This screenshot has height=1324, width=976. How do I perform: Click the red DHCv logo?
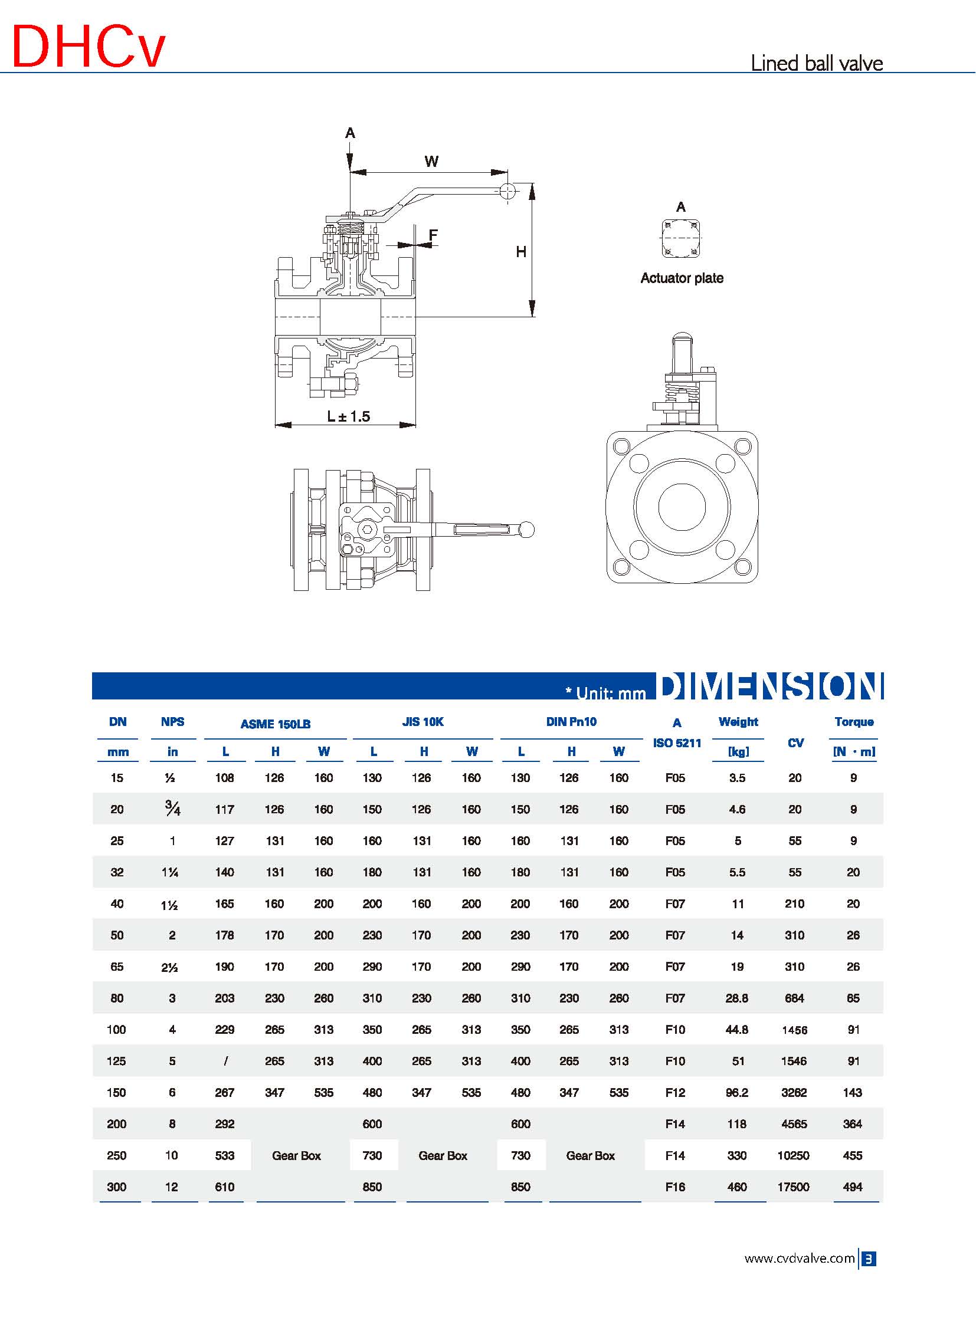point(89,47)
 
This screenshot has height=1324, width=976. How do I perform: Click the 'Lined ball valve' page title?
point(817,63)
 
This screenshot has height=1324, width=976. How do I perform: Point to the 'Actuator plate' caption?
point(682,278)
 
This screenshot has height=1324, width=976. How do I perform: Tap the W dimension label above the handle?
point(431,161)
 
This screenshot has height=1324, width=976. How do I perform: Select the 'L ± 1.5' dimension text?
point(349,416)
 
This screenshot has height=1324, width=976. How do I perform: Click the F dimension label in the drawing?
point(433,235)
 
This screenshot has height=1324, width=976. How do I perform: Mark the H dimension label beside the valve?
point(521,252)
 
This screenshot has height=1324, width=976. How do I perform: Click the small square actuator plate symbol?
point(681,239)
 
